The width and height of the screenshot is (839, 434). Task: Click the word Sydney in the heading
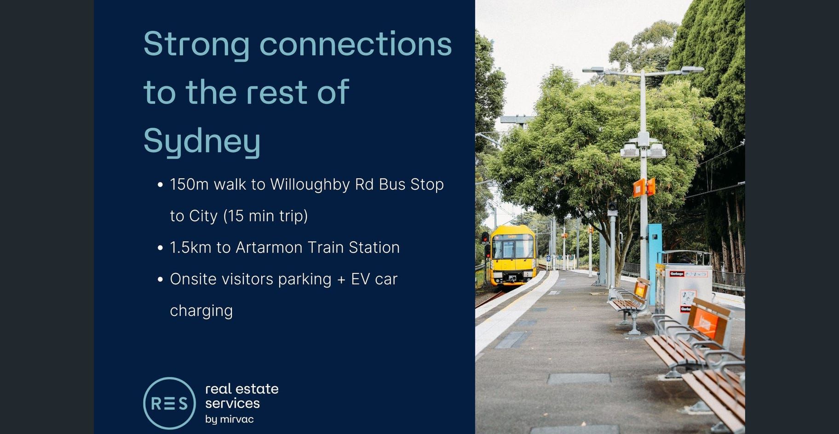[x=202, y=141]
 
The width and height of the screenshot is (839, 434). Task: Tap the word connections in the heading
[x=356, y=44]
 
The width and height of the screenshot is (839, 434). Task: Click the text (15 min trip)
[x=265, y=216]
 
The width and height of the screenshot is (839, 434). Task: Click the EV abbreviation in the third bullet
[x=360, y=279]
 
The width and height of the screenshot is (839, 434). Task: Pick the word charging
[x=201, y=311]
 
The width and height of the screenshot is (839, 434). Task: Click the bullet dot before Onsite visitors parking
[x=160, y=279]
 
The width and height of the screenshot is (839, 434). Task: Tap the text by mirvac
[x=229, y=419]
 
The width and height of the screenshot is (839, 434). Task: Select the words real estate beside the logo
[x=241, y=389]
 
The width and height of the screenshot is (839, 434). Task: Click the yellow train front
[x=513, y=256]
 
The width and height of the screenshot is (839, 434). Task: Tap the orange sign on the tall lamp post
[x=644, y=187]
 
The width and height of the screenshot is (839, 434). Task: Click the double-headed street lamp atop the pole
[x=643, y=71]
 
